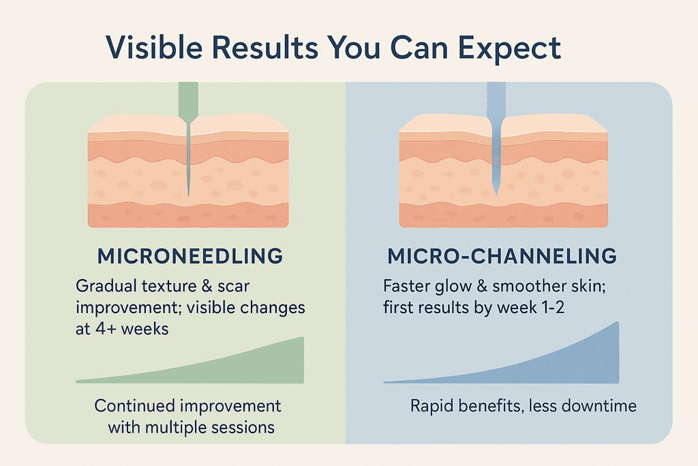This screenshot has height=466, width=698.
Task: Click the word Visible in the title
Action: point(155,47)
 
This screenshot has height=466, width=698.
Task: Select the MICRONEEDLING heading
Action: point(190,256)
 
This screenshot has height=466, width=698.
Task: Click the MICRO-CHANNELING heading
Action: point(502,256)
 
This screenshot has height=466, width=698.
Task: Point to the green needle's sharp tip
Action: point(188,195)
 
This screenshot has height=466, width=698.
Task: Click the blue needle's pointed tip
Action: point(496,194)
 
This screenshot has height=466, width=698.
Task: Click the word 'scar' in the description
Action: point(233,287)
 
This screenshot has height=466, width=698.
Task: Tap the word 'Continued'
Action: point(134,406)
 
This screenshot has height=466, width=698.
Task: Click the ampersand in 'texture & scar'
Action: point(207,286)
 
